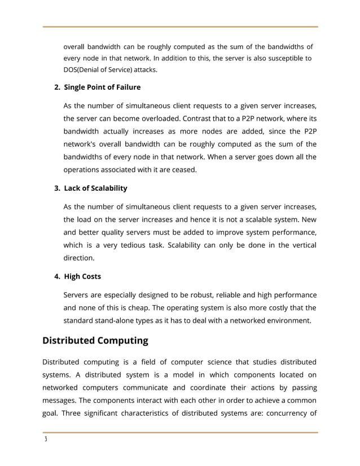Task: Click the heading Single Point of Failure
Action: coord(102,87)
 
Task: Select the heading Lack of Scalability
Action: coord(95,188)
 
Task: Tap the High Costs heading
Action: coord(82,276)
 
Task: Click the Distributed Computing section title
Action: coord(95,340)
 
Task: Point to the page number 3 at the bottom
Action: coord(45,441)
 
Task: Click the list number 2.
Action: coord(56,87)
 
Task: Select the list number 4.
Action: coord(56,276)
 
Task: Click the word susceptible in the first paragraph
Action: coord(282,58)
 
